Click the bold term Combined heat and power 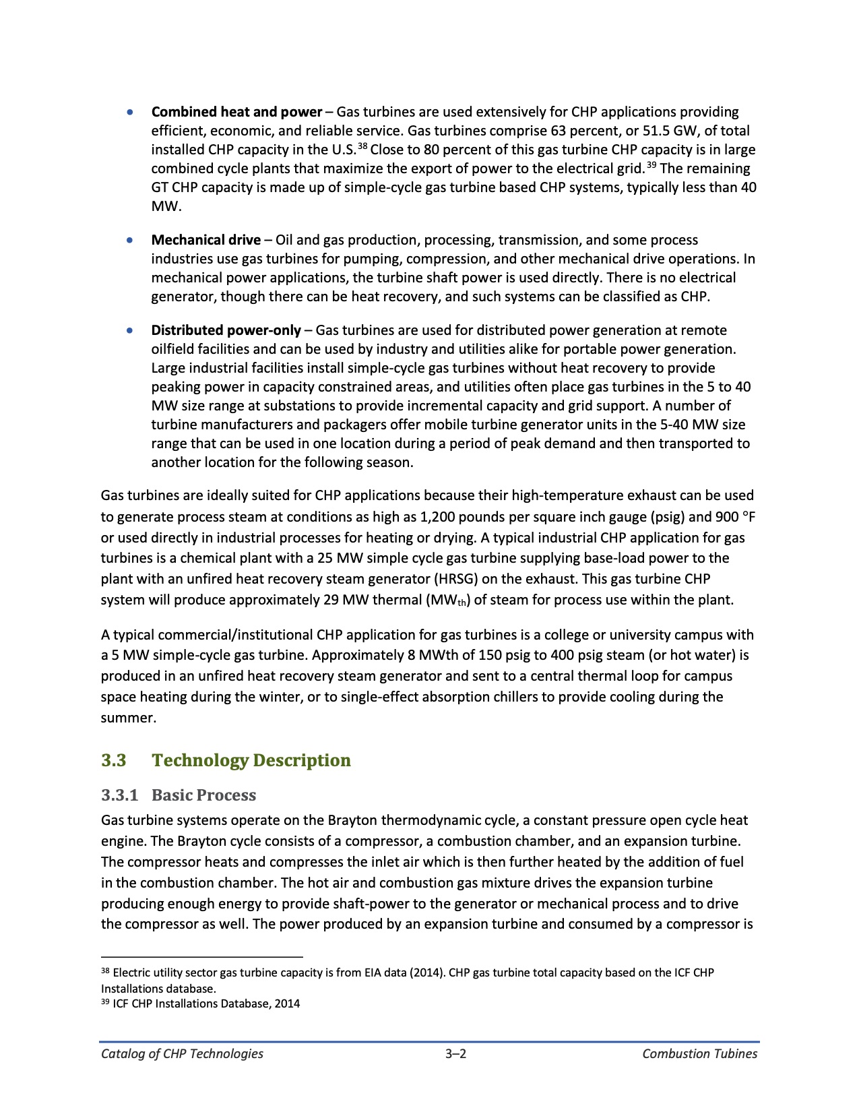point(236,112)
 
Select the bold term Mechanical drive point(205,240)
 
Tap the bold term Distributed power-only point(226,330)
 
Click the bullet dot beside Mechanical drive point(130,240)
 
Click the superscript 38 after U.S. point(362,146)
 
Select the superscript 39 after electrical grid point(651,165)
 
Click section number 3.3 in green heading point(114,760)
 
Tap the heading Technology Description point(251,760)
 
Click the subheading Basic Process point(203,795)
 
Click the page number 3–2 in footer point(456,1054)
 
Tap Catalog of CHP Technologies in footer point(182,1054)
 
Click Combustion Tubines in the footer point(699,1054)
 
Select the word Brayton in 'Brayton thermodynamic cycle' point(352,820)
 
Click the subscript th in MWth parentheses point(462,602)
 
